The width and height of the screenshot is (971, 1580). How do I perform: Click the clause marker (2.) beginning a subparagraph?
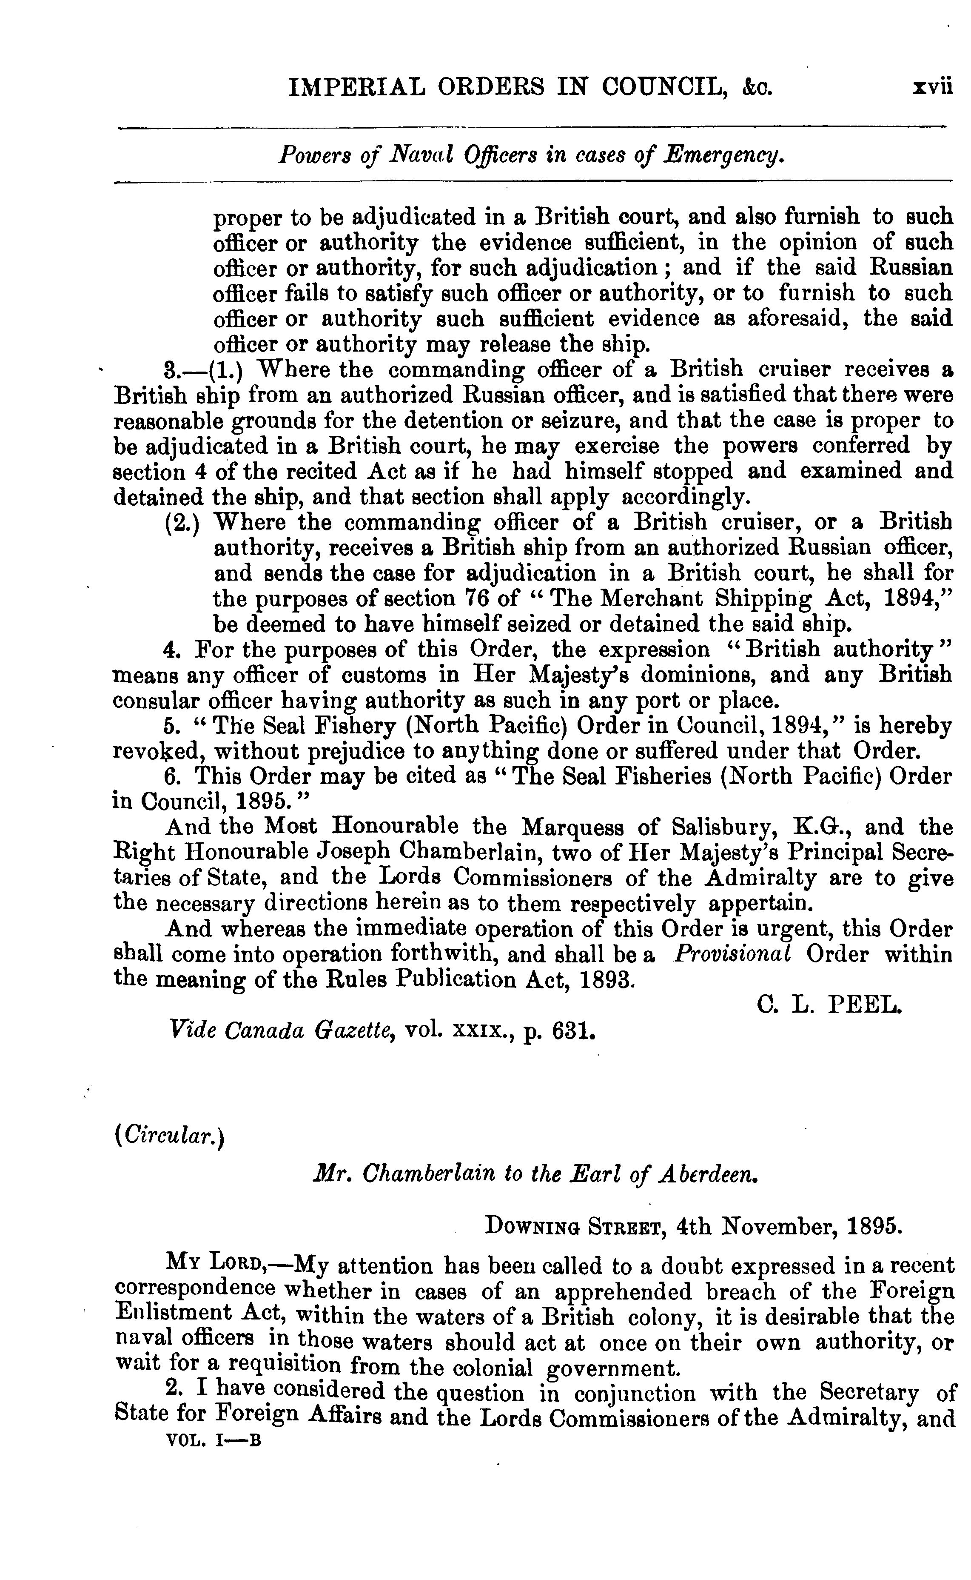[182, 522]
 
